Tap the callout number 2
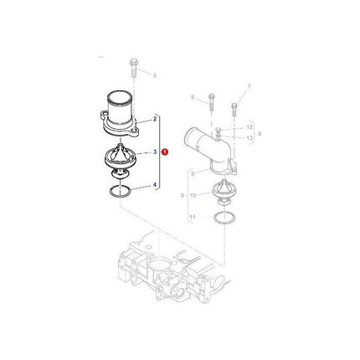(x=154, y=121)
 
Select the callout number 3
(x=154, y=153)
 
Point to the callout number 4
(x=154, y=186)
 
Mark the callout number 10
(x=194, y=195)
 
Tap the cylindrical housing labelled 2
(x=127, y=117)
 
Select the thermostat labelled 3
(x=124, y=158)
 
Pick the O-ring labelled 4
(x=123, y=193)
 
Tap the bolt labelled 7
(x=233, y=107)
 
